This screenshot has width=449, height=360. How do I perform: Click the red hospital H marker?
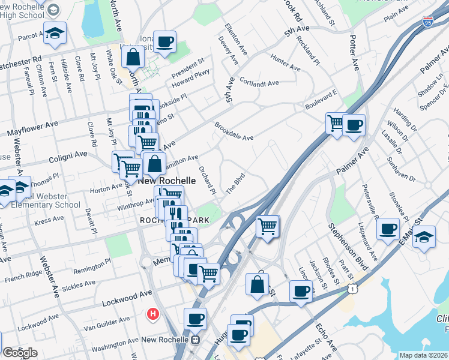click(153, 313)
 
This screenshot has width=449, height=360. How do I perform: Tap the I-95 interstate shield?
click(427, 22)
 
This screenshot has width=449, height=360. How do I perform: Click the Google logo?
click(20, 353)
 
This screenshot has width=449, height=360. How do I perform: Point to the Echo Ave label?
click(327, 335)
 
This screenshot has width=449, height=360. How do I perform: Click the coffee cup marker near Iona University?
click(164, 41)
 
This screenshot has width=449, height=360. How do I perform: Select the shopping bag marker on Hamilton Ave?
click(154, 163)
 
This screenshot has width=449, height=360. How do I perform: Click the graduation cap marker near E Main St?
click(424, 236)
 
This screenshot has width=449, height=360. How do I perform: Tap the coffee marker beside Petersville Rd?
click(389, 228)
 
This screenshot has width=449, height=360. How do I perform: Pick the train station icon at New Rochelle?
click(195, 340)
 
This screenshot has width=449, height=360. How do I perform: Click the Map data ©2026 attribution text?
click(423, 355)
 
